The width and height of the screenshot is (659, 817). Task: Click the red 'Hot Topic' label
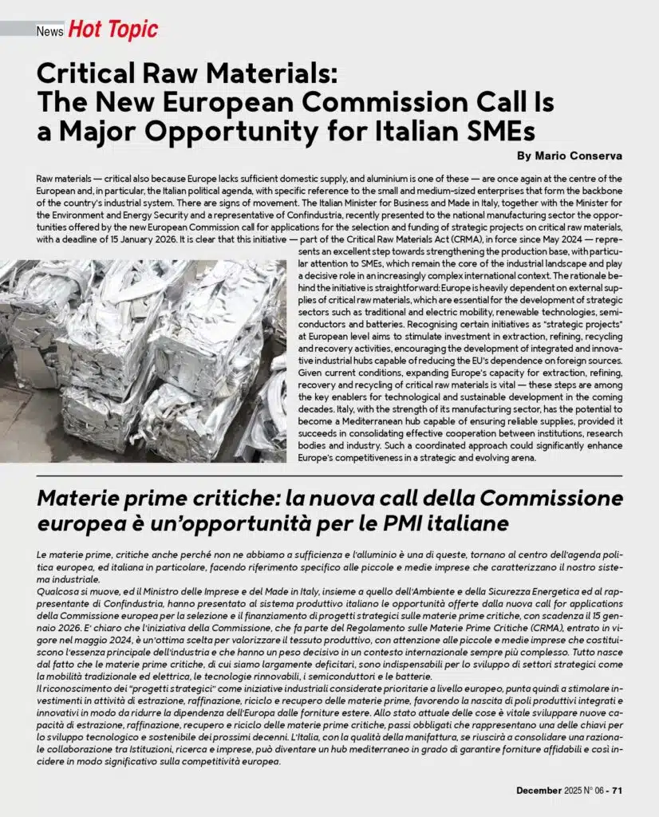[112, 30]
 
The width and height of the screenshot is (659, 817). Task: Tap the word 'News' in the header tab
[49, 31]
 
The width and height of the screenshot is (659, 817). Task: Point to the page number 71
[617, 790]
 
